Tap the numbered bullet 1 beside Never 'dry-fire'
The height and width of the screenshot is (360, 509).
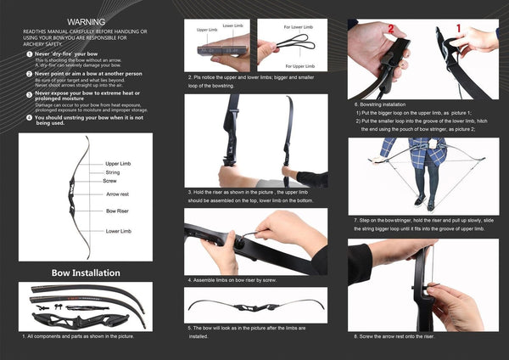pyautogui.click(x=29, y=54)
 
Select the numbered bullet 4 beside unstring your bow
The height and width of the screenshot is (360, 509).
pyautogui.click(x=29, y=117)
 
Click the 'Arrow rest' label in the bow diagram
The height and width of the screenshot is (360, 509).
pyautogui.click(x=118, y=194)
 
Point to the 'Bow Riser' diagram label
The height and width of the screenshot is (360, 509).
pyautogui.click(x=117, y=210)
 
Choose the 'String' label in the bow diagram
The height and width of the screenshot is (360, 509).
pyautogui.click(x=112, y=172)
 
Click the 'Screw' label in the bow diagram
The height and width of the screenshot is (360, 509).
pyautogui.click(x=110, y=181)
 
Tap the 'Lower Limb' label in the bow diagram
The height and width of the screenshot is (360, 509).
pyautogui.click(x=118, y=231)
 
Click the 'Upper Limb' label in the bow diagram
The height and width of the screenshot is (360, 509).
pyautogui.click(x=118, y=162)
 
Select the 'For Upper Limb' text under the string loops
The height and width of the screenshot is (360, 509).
pyautogui.click(x=294, y=65)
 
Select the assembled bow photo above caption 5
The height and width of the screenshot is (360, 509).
pyautogui.click(x=256, y=306)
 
